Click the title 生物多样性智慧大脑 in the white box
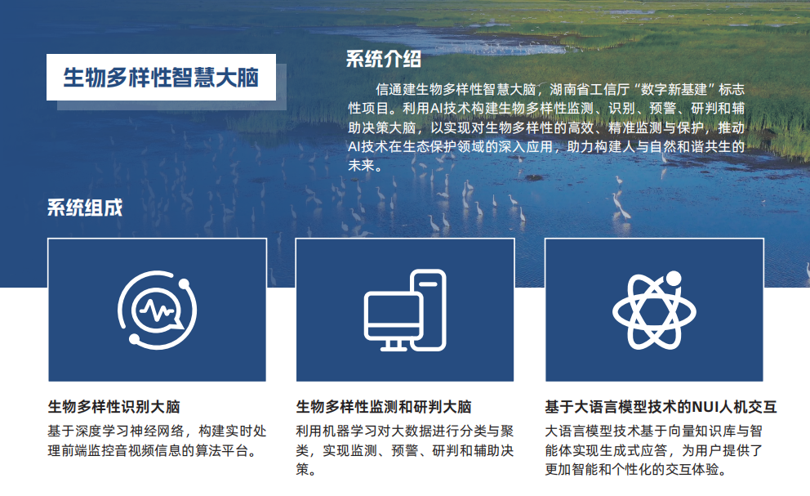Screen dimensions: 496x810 (161, 78)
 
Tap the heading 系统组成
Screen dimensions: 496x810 (84, 208)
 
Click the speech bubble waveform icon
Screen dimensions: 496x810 (157, 310)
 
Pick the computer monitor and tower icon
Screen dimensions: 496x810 (405, 310)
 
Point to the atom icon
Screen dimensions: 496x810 (653, 310)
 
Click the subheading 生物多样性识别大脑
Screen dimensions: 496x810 (113, 406)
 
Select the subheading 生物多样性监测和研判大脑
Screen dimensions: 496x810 (383, 406)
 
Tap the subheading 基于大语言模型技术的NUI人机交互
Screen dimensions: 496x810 (661, 406)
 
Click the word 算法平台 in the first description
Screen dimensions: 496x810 (220, 450)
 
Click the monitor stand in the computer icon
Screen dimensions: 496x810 (394, 344)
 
